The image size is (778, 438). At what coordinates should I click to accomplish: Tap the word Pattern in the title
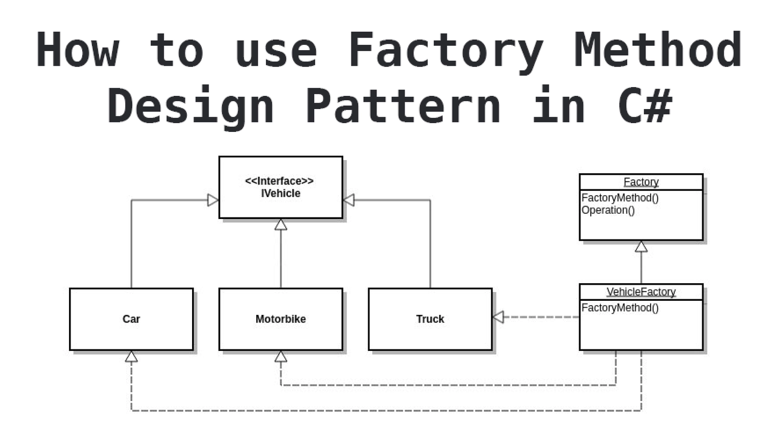[403, 106]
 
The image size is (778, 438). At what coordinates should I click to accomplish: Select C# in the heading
[645, 106]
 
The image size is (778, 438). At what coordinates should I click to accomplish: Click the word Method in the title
[657, 50]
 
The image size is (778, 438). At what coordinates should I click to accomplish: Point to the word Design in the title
[191, 106]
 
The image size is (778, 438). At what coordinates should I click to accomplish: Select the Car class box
[131, 319]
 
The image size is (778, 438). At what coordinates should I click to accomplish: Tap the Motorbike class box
[281, 319]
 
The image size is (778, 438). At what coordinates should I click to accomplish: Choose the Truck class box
[430, 319]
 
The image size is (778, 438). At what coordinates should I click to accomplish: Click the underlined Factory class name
[641, 182]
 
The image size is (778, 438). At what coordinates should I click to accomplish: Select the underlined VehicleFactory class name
[641, 292]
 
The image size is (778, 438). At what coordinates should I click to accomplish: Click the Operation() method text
[608, 210]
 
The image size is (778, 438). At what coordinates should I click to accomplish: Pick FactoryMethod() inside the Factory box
[620, 198]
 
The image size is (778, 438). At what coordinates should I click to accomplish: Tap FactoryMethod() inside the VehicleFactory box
[620, 308]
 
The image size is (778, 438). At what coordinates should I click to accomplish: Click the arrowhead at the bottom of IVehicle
[281, 225]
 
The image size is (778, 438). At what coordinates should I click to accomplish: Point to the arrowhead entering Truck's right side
[498, 317]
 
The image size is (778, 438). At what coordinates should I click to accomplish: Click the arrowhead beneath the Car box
[131, 357]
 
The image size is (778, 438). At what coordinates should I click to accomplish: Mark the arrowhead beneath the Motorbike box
[281, 357]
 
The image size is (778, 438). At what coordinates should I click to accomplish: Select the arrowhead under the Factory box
[641, 247]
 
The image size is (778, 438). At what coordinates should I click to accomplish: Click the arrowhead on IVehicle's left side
[212, 200]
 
